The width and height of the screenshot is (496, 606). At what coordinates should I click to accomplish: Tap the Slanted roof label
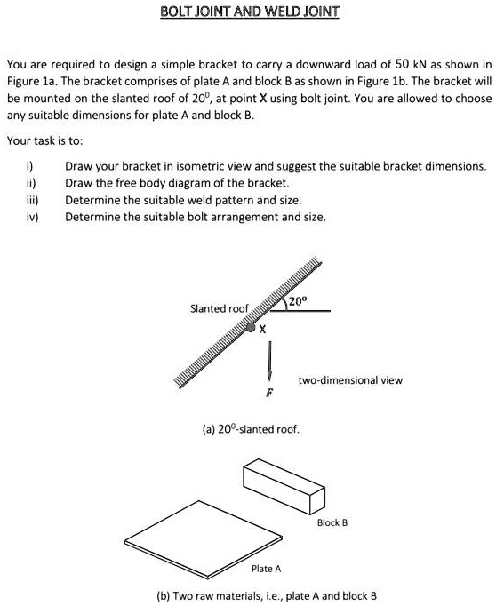(x=220, y=308)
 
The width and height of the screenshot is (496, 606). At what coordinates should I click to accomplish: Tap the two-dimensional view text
(x=350, y=380)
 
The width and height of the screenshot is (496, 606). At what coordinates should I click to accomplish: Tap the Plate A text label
(x=266, y=568)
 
